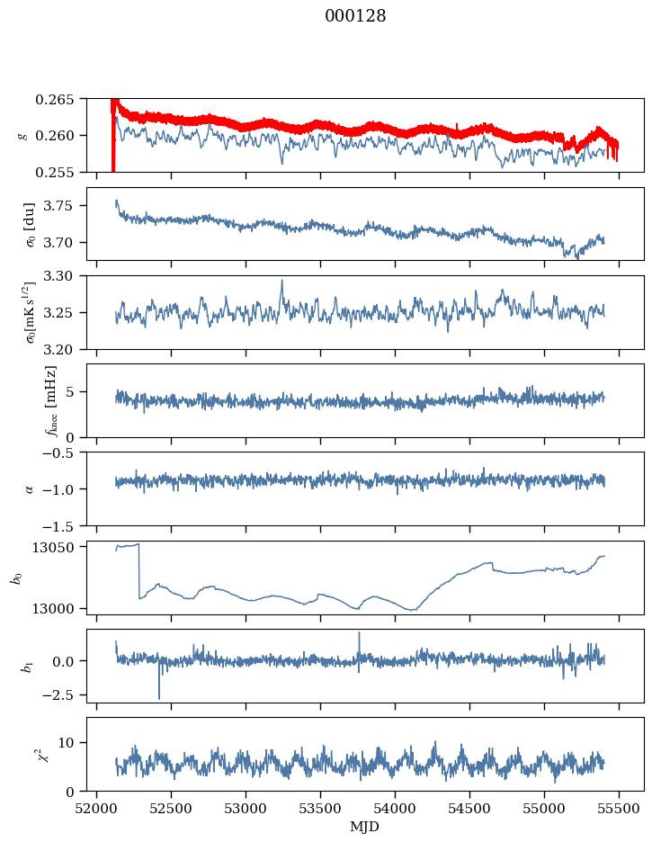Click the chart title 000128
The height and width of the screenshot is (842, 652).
coord(355,16)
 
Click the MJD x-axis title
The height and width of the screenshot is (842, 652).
coord(365,827)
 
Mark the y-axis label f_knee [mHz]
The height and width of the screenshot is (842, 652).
coord(51,401)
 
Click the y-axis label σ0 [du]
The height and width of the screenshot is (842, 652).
coord(30,224)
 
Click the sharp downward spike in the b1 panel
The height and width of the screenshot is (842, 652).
coord(159,682)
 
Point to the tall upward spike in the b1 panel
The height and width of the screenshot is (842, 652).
coord(360,644)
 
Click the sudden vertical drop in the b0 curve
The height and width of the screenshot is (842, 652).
coord(139,571)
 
